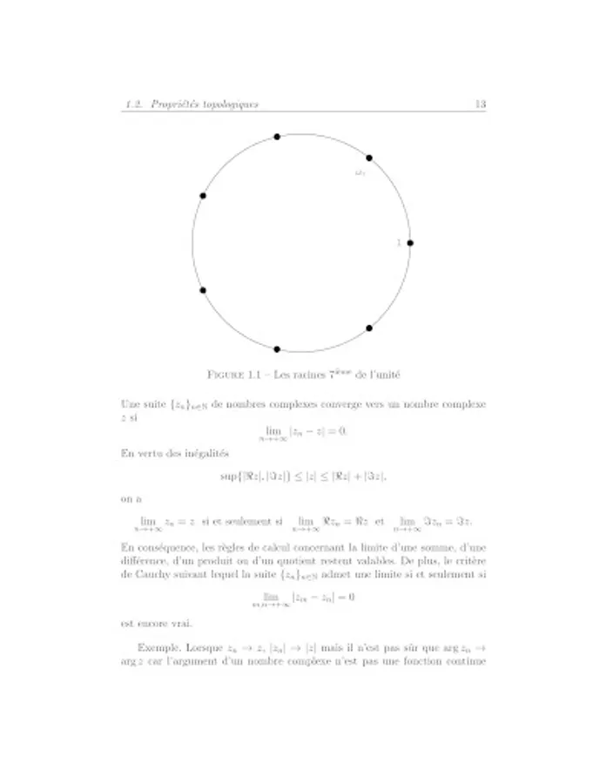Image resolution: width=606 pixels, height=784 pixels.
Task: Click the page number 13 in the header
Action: point(480,105)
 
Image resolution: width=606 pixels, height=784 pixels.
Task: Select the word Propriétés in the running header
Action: point(173,105)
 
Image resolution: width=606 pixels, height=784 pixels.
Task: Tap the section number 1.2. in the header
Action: point(135,105)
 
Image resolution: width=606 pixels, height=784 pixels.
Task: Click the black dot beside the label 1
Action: point(410,243)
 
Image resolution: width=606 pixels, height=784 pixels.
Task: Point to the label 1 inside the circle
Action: point(399,243)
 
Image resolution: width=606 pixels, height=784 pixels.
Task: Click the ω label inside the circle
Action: point(360,173)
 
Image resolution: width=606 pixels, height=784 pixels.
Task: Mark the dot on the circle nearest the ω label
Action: point(369,158)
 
